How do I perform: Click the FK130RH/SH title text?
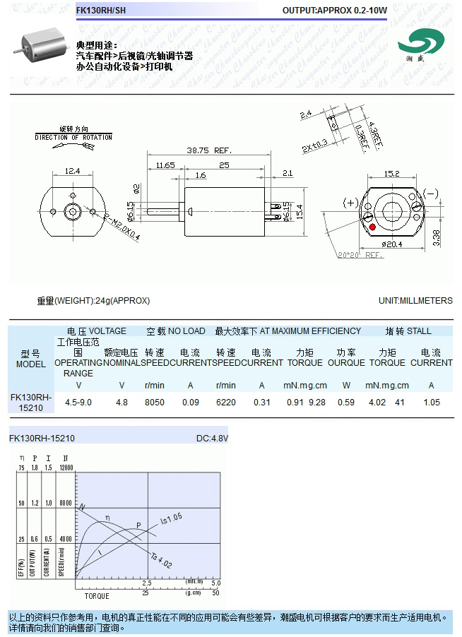101,11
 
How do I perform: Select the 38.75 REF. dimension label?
209,150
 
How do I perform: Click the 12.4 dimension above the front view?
72,171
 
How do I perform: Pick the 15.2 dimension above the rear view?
392,173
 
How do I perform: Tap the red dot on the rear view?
372,227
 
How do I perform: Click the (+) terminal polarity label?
350,203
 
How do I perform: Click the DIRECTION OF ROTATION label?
73,137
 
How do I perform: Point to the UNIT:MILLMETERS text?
415,301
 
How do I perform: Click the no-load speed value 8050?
154,402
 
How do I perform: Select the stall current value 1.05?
431,402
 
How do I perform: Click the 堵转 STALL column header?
408,331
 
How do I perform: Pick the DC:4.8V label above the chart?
212,439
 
